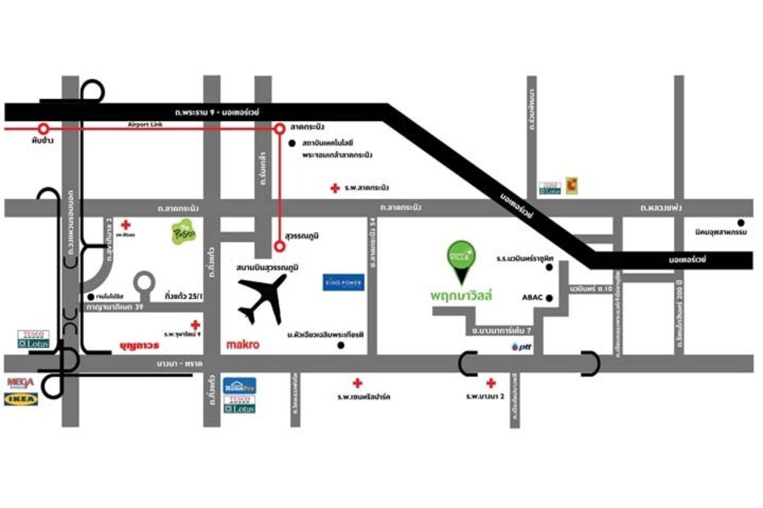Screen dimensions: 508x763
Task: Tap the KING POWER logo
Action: [343, 282]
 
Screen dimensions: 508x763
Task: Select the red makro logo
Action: [242, 345]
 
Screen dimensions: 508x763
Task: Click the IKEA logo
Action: [20, 399]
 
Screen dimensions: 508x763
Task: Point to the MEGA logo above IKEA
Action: [20, 383]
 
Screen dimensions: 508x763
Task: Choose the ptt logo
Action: [519, 347]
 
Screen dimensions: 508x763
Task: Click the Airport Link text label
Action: [143, 124]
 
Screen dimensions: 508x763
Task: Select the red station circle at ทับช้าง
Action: [43, 130]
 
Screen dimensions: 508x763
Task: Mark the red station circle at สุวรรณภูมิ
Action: [280, 246]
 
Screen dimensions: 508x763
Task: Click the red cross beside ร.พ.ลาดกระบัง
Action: [336, 187]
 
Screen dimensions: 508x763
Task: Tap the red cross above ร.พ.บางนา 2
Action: [491, 383]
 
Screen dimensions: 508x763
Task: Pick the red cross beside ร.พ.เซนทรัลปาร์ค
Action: [357, 383]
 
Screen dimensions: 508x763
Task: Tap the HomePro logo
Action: [239, 386]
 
